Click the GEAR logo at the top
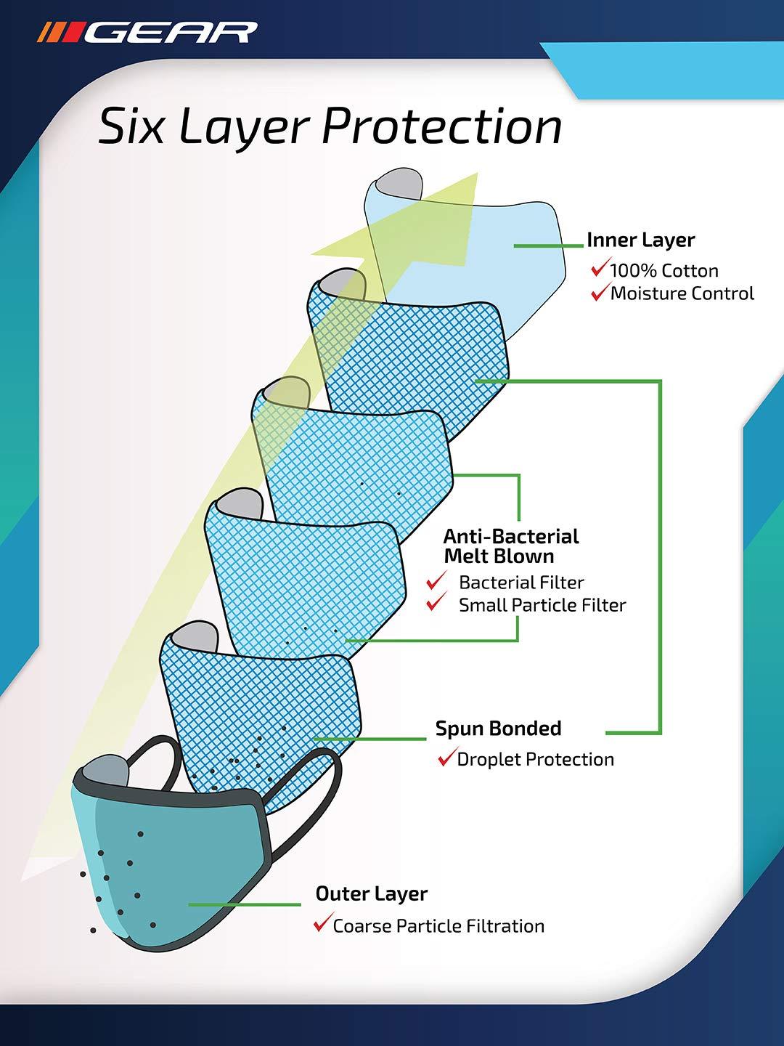(147, 33)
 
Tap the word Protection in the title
(441, 127)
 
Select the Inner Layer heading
(640, 240)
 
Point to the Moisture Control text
(682, 293)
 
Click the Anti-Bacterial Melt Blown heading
(511, 546)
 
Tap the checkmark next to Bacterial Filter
(436, 582)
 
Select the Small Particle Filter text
(542, 605)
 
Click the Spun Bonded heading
(498, 729)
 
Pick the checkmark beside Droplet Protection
(446, 759)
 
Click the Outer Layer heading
(371, 893)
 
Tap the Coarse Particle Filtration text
(438, 926)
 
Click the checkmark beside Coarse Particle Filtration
(322, 925)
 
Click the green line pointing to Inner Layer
(548, 246)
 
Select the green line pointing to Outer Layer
(245, 904)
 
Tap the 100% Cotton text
(663, 271)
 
